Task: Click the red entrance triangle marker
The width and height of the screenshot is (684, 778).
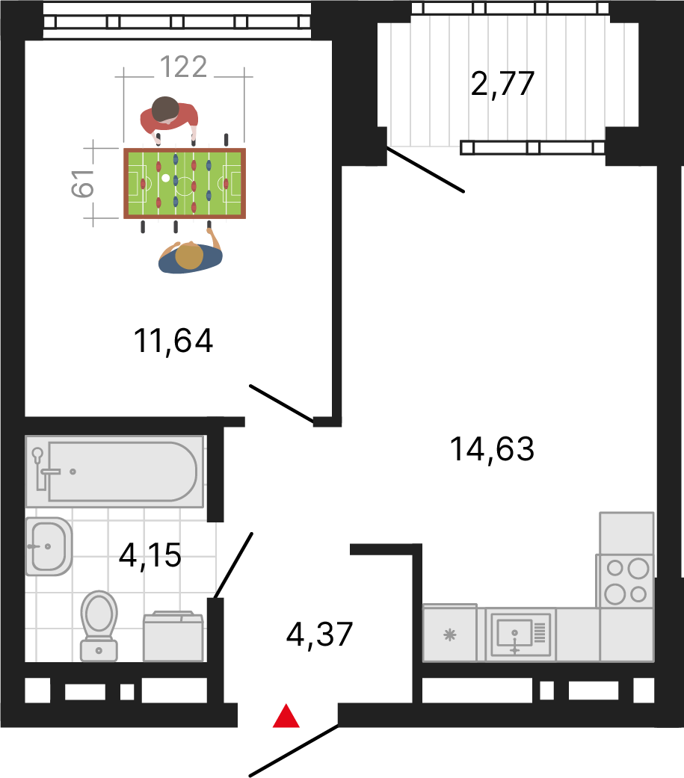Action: click(x=286, y=717)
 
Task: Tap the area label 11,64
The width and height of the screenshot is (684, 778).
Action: click(x=173, y=342)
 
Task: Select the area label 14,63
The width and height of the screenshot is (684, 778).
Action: click(x=492, y=449)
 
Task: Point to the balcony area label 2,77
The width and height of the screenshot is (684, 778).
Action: click(x=502, y=84)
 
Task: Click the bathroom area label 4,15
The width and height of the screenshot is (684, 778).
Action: click(x=150, y=555)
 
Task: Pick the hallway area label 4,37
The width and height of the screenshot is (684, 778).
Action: click(x=319, y=635)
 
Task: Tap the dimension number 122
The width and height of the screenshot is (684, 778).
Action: click(x=183, y=67)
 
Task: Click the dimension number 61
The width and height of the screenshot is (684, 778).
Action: click(x=83, y=183)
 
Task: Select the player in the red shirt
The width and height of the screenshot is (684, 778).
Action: click(x=169, y=119)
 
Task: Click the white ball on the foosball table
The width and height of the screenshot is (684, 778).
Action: click(x=166, y=178)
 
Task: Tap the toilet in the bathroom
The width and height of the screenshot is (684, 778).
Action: click(x=99, y=626)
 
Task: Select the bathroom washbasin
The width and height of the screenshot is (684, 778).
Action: click(x=49, y=546)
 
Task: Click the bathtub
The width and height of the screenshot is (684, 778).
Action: click(x=114, y=472)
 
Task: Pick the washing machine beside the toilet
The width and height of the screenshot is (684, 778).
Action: click(x=173, y=636)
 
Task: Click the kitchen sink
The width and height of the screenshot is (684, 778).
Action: click(x=521, y=635)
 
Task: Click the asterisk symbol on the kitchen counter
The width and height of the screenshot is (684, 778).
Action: click(x=450, y=635)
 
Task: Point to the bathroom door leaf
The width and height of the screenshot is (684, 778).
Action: click(x=233, y=566)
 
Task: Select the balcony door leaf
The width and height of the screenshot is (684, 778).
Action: click(x=425, y=169)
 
